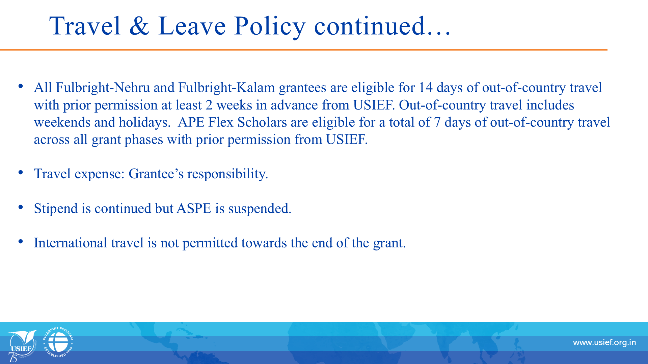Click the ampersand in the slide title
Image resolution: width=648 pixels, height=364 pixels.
pyautogui.click(x=139, y=26)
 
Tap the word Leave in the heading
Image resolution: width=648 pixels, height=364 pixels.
pyautogui.click(x=192, y=26)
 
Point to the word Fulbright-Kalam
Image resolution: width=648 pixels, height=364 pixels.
pyautogui.click(x=226, y=88)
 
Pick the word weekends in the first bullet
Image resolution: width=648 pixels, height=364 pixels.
pyautogui.click(x=62, y=122)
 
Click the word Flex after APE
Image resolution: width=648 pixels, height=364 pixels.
pyautogui.click(x=220, y=122)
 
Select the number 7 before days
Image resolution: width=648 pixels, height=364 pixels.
pyautogui.click(x=437, y=122)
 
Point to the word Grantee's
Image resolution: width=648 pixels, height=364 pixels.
pyautogui.click(x=156, y=174)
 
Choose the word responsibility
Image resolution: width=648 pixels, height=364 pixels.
pyautogui.click(x=228, y=174)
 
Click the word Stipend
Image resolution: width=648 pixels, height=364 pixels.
pyautogui.click(x=56, y=209)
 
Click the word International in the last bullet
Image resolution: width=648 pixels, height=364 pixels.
pyautogui.click(x=71, y=243)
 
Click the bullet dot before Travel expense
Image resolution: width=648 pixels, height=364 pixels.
pyautogui.click(x=21, y=173)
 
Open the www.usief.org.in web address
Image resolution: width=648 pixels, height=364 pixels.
pyautogui.click(x=604, y=343)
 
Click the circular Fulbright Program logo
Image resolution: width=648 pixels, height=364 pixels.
pyautogui.click(x=58, y=342)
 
